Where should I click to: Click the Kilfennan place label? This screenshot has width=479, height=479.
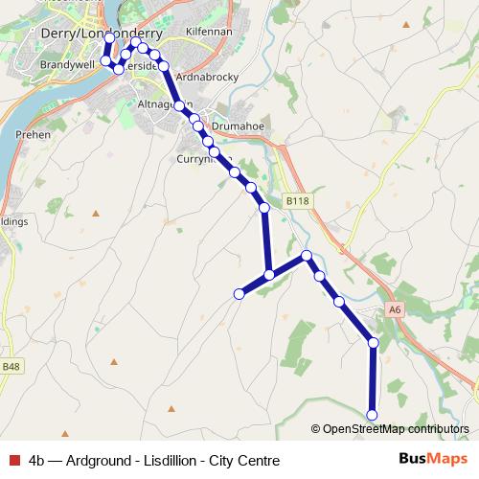(209, 32)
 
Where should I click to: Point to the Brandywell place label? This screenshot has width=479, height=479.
(64, 64)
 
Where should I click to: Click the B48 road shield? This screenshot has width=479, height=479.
(11, 366)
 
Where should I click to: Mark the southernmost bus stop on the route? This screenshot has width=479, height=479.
(373, 414)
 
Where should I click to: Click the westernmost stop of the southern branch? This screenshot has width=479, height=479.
(239, 293)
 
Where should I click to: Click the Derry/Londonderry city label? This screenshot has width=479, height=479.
(96, 33)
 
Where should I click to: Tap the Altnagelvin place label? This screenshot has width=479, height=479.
(163, 103)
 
